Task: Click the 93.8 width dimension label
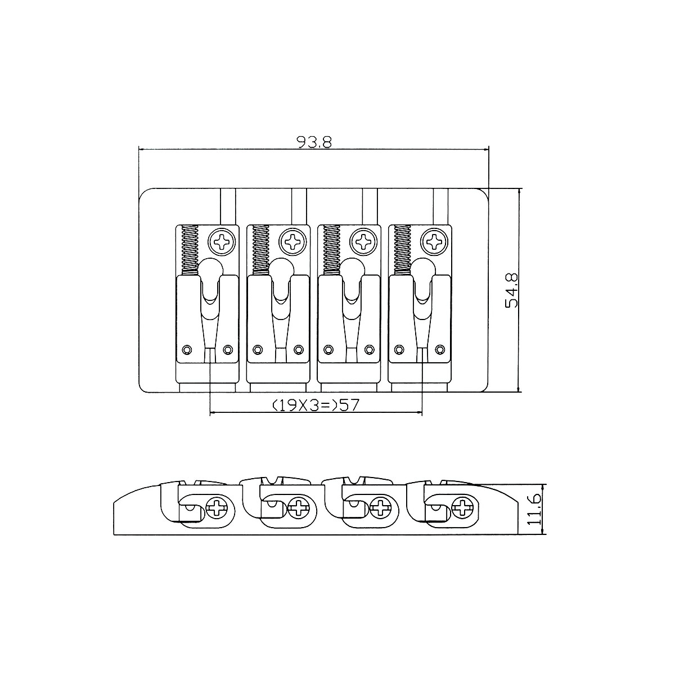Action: pos(314,142)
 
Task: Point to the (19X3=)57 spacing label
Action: pos(316,405)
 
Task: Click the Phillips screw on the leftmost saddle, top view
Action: pos(222,241)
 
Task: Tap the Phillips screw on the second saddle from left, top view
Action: pos(293,241)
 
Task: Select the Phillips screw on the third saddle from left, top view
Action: pos(363,241)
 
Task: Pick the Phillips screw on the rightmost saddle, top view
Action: pos(435,241)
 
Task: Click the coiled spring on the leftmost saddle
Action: pos(190,250)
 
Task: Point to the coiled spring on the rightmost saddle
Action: pos(403,250)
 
